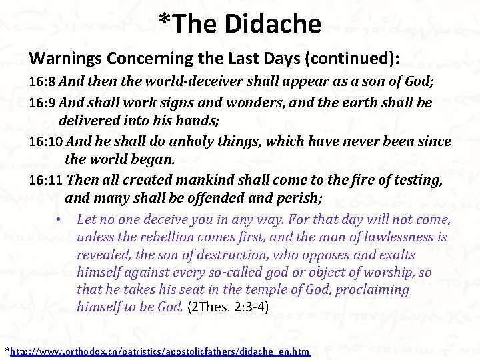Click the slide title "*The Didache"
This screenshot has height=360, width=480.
coord(240,24)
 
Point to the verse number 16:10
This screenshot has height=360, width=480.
coord(46,142)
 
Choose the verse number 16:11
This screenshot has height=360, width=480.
coord(46,180)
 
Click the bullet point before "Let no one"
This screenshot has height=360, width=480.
coord(59,220)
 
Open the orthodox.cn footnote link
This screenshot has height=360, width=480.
coord(160,351)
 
